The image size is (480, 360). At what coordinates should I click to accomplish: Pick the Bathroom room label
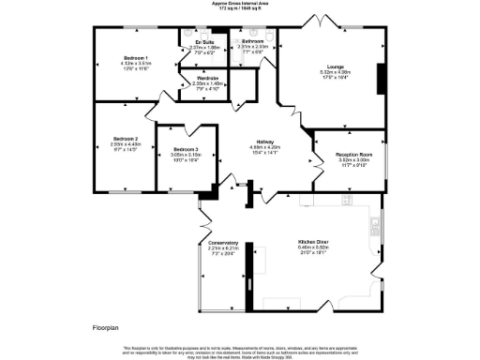pyautogui.click(x=252, y=42)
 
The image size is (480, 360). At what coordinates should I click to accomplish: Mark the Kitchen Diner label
pyautogui.click(x=312, y=241)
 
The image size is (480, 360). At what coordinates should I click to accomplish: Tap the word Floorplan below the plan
pyautogui.click(x=108, y=329)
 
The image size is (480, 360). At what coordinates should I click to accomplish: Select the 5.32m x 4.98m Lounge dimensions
pyautogui.click(x=336, y=72)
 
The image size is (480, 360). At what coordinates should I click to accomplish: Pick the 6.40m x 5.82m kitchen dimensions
pyautogui.click(x=312, y=247)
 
